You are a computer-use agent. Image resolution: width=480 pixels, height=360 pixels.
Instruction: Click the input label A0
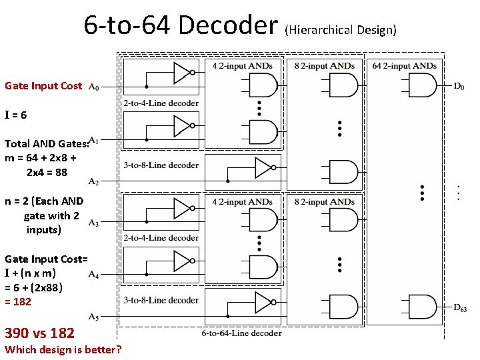coord(94,87)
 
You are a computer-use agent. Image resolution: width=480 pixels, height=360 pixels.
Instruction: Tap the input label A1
coord(94,140)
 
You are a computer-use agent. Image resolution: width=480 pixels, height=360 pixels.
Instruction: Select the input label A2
coord(94,181)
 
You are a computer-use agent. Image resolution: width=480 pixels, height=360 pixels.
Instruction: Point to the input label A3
coord(94,223)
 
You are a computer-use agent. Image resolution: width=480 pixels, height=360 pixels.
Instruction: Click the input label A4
coord(94,275)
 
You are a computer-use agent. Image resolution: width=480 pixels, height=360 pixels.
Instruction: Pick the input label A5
coord(94,316)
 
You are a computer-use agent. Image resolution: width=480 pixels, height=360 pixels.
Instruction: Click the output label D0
coord(459,86)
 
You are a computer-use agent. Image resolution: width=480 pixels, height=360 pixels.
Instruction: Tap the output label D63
coord(460,307)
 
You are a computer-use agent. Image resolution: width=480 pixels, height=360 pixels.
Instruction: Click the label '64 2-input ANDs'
coord(405,65)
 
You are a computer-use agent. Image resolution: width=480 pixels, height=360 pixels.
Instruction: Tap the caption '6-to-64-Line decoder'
coord(241,333)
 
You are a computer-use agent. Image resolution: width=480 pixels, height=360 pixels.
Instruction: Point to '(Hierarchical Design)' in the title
coord(341,30)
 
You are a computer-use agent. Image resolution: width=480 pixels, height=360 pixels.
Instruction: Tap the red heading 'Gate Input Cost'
coord(43,86)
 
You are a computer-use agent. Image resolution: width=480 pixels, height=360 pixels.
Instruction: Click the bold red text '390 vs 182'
coord(39,333)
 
